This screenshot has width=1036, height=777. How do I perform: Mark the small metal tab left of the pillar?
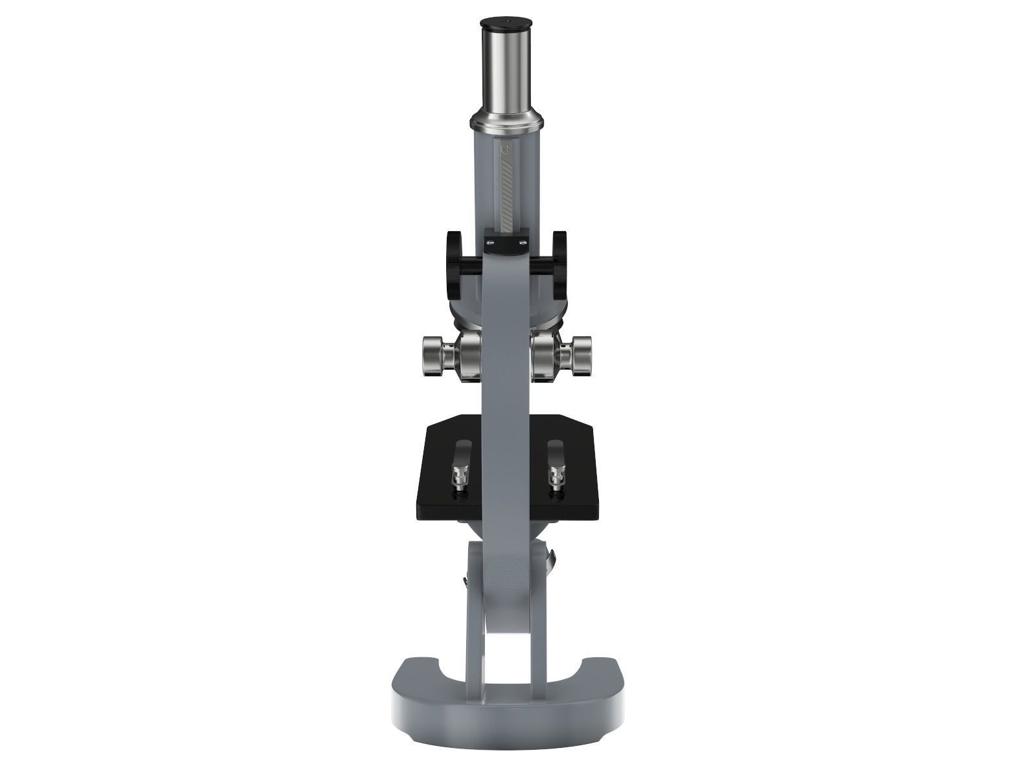click(x=464, y=583)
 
